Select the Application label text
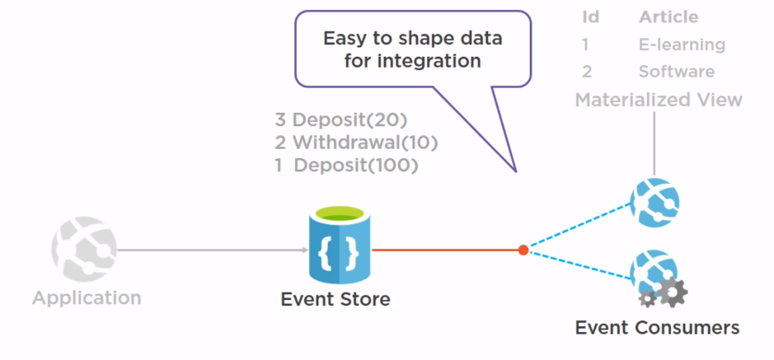click(x=87, y=297)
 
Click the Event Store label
click(x=335, y=299)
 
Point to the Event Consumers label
click(x=657, y=327)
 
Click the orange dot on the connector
click(x=523, y=250)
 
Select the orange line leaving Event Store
click(x=445, y=250)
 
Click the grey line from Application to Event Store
click(x=206, y=250)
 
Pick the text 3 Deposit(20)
click(x=341, y=119)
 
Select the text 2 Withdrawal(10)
click(x=356, y=142)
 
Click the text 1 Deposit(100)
click(x=346, y=165)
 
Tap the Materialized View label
click(x=658, y=100)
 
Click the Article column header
click(x=668, y=16)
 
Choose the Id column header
click(x=590, y=16)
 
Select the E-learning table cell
click(x=682, y=44)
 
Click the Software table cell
click(x=676, y=72)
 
